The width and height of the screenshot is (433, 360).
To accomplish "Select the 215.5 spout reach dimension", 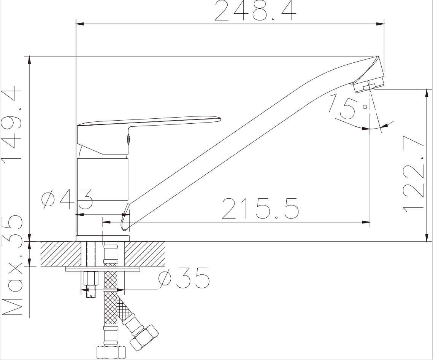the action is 260,208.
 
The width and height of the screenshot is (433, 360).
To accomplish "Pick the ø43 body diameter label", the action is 67,199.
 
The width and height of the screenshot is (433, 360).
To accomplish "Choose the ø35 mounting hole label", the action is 184,278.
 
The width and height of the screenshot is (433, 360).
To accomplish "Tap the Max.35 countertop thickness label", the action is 12,266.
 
